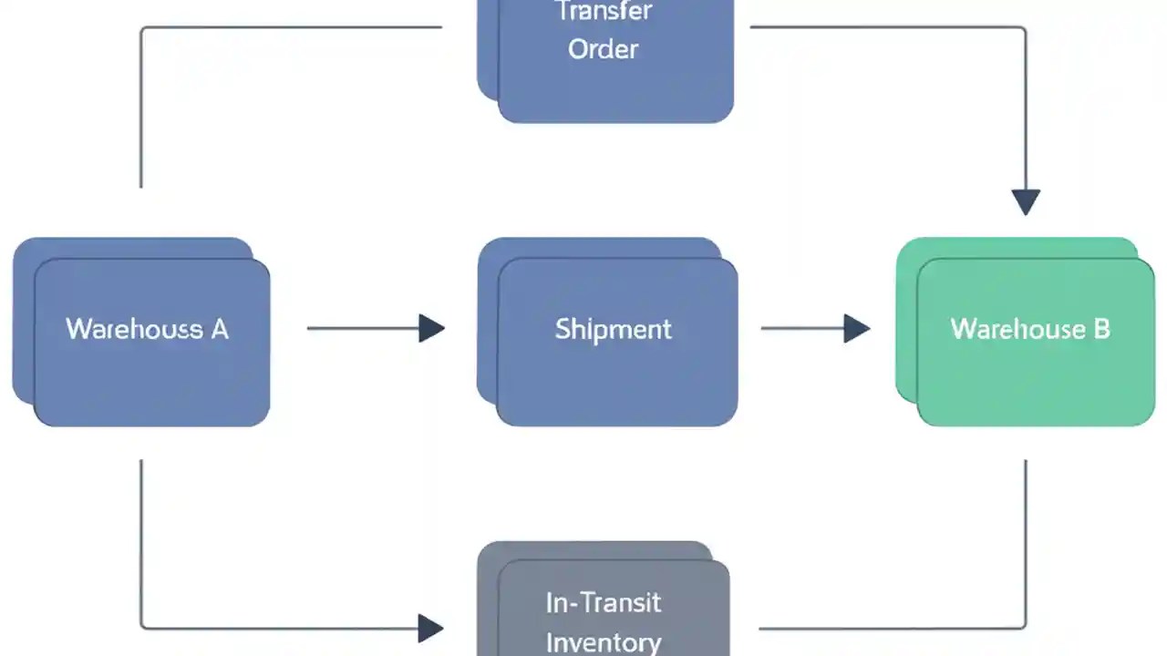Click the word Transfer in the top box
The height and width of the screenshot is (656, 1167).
pyautogui.click(x=603, y=12)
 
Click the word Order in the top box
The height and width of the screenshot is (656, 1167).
pyautogui.click(x=603, y=49)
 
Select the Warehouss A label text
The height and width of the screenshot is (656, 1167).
pyautogui.click(x=147, y=329)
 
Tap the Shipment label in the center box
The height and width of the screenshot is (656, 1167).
pyautogui.click(x=613, y=329)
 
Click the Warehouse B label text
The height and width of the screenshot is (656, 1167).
pyautogui.click(x=1030, y=329)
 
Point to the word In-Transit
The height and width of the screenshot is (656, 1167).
pyautogui.click(x=603, y=602)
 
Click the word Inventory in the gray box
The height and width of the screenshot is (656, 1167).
pyautogui.click(x=603, y=641)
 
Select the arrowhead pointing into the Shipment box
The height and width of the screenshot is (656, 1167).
pyautogui.click(x=431, y=328)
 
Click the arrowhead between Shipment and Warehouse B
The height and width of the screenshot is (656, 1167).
pyautogui.click(x=856, y=328)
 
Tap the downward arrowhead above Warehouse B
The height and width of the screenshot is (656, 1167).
pyautogui.click(x=1026, y=201)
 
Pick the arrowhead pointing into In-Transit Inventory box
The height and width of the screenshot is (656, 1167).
pyautogui.click(x=430, y=628)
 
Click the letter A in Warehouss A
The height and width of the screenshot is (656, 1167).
pyautogui.click(x=220, y=329)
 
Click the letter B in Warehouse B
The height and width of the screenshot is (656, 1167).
pyautogui.click(x=1101, y=329)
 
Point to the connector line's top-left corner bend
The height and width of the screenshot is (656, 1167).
pyautogui.click(x=142, y=28)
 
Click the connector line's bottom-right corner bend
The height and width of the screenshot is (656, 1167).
pyautogui.click(x=1025, y=627)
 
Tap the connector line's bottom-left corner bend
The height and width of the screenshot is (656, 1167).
pyautogui.click(x=142, y=627)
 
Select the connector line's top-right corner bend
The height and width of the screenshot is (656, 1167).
pyautogui.click(x=1025, y=28)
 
